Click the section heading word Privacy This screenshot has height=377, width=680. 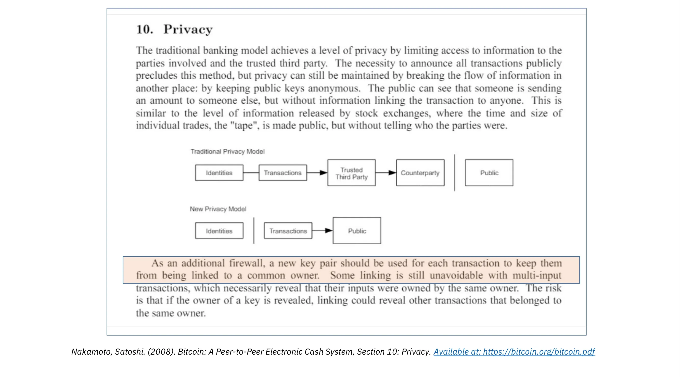pyautogui.click(x=188, y=29)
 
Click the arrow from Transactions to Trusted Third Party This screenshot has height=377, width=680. pyautogui.click(x=317, y=173)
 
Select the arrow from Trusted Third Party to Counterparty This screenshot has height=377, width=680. pyautogui.click(x=386, y=173)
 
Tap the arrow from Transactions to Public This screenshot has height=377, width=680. pyautogui.click(x=322, y=230)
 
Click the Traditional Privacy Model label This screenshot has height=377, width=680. pyautogui.click(x=227, y=151)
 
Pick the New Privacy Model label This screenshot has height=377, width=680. pyautogui.click(x=218, y=209)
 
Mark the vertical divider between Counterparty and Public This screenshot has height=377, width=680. pyautogui.click(x=455, y=173)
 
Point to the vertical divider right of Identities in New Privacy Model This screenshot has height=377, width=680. pyautogui.click(x=254, y=230)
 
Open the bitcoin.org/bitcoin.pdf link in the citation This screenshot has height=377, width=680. pyautogui.click(x=514, y=352)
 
